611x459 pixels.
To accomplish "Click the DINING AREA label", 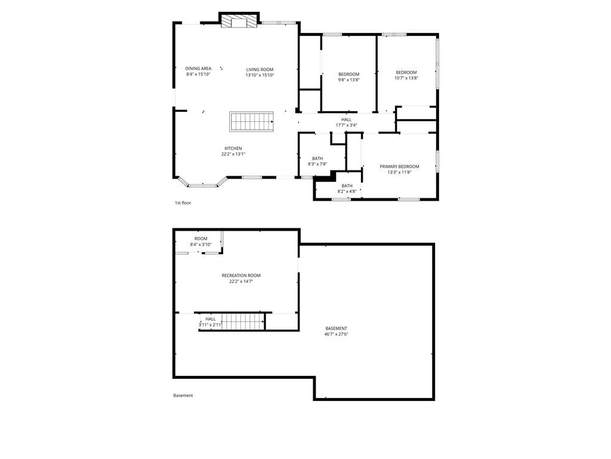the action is pos(198,68).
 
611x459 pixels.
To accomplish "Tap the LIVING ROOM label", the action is pos(260,69).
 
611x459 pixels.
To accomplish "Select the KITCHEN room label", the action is pos(233,148).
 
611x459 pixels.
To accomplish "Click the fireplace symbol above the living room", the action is pos(239,22).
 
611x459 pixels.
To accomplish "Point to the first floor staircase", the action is pos(251,121).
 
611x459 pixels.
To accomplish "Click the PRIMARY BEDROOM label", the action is pos(399,167).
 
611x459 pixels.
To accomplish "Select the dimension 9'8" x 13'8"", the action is pos(348,79).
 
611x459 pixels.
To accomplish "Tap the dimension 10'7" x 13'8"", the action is pos(406,78).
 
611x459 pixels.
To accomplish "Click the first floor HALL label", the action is pos(347,120).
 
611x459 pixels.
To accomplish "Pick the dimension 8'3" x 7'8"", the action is pos(317,164).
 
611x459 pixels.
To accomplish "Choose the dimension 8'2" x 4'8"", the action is pos(347,191).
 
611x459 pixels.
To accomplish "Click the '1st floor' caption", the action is pos(183,203).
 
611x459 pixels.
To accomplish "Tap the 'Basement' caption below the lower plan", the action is pos(183,396).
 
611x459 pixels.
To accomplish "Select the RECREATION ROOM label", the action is pos(241,276).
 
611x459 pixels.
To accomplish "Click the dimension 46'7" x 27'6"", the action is pos(337,334).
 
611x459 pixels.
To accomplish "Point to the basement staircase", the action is pos(243,322).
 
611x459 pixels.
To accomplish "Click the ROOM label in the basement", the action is pos(201,239).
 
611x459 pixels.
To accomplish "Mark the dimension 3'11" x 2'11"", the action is pos(211,325).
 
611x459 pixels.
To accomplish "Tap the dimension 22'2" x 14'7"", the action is pos(241,281).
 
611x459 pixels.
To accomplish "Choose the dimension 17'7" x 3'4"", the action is pos(347,126).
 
